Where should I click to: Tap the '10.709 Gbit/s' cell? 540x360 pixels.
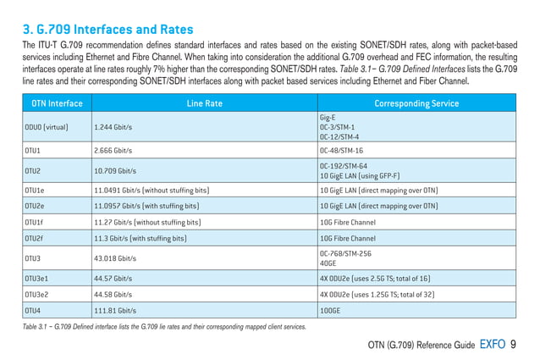point(116,170)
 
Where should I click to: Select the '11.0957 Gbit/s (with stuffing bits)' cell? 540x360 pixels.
point(152,206)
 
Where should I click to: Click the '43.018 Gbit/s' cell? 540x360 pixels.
point(116,258)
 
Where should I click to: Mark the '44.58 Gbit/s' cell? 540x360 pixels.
point(113,294)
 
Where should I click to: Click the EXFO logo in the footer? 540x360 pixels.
point(493,344)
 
